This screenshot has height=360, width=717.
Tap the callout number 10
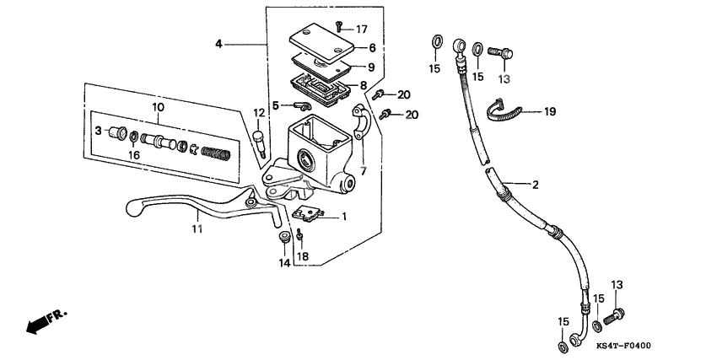pyautogui.click(x=158, y=107)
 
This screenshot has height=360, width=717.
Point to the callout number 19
pyautogui.click(x=550, y=111)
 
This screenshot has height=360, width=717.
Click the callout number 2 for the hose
pyautogui.click(x=533, y=183)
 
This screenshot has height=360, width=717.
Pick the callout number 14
pyautogui.click(x=284, y=263)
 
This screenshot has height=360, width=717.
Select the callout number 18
pyautogui.click(x=303, y=256)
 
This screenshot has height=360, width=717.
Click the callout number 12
pyautogui.click(x=259, y=113)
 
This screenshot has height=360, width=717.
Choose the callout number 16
pyautogui.click(x=133, y=155)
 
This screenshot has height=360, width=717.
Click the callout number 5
pyautogui.click(x=274, y=105)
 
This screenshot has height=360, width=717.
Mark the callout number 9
pyautogui.click(x=370, y=67)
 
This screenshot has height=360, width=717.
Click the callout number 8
pyautogui.click(x=363, y=85)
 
